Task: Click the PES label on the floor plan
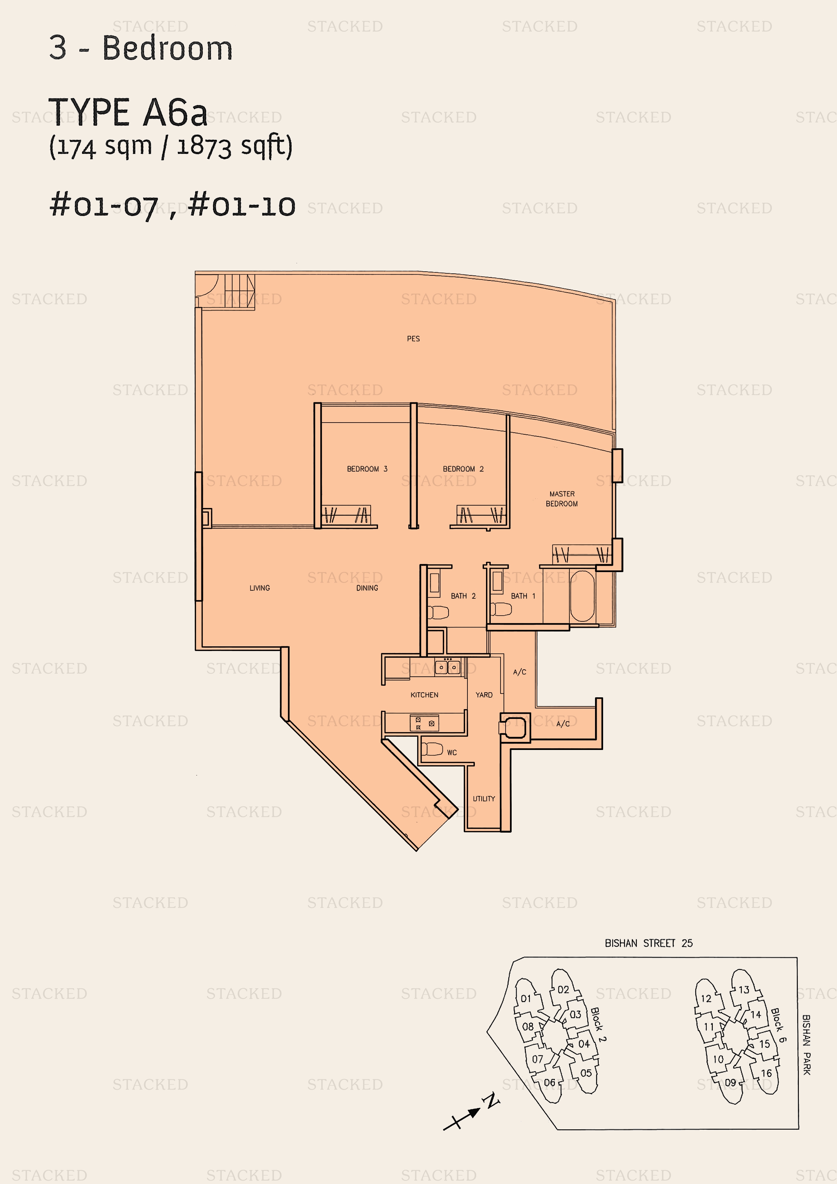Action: click(x=413, y=339)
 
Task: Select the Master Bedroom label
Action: click(x=562, y=499)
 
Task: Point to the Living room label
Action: click(x=260, y=588)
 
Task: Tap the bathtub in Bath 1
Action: click(x=582, y=596)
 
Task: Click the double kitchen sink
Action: click(x=448, y=667)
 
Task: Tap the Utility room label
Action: click(x=484, y=799)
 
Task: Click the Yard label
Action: click(x=484, y=695)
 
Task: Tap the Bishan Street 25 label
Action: click(x=649, y=943)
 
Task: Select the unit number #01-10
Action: click(x=242, y=206)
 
